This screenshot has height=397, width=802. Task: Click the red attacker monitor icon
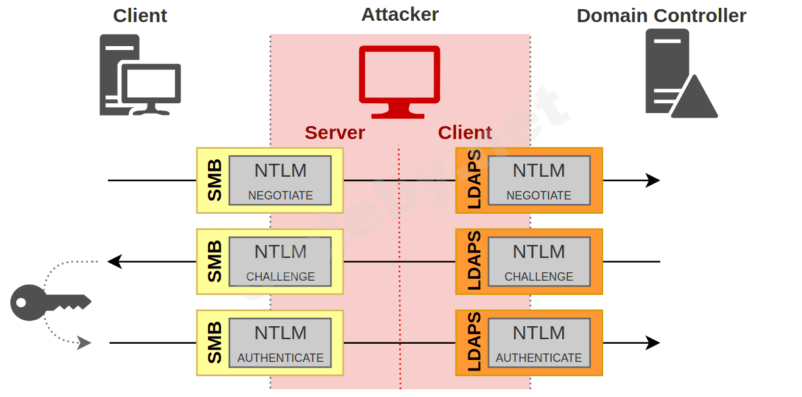coord(400,81)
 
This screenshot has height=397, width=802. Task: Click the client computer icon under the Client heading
coord(140,75)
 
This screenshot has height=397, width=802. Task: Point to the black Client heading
coord(140,16)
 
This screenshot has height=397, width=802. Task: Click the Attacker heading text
coord(400,14)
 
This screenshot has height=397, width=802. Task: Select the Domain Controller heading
coord(661,16)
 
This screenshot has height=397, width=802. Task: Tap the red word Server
coord(335,133)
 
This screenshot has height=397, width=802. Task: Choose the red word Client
coord(465,133)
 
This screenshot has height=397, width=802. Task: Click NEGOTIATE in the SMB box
coord(280,196)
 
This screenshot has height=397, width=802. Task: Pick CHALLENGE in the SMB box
coord(280,277)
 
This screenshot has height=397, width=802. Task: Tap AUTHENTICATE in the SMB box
coord(280,358)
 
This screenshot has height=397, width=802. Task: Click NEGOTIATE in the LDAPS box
coord(539,196)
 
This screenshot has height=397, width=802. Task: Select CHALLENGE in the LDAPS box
coord(539,277)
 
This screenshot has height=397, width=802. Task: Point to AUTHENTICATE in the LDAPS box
coord(539,358)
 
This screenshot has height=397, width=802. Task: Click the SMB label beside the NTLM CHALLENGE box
coord(214,261)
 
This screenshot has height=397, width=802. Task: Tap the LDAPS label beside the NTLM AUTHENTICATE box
coord(474,342)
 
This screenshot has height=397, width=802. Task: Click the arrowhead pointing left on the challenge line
coord(114,262)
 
